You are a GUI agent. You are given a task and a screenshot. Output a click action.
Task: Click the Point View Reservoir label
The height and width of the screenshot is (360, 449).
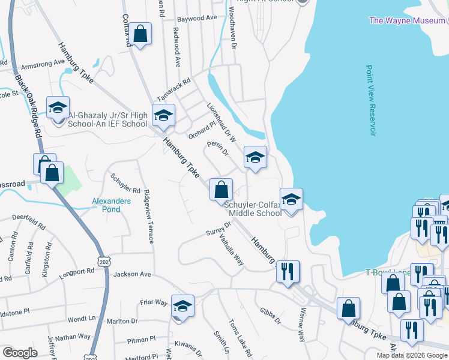tap(370, 101)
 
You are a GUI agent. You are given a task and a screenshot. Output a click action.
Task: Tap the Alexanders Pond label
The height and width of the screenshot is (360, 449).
tap(110, 205)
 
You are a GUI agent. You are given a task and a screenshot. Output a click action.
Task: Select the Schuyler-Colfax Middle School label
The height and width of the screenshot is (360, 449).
tap(253, 208)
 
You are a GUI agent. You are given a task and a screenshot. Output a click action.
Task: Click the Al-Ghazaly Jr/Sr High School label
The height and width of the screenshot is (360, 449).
tap(107, 120)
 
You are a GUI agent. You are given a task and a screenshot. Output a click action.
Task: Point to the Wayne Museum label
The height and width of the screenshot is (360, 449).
tap(408, 20)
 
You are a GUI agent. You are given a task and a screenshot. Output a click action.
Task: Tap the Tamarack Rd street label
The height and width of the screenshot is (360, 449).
tap(173, 89)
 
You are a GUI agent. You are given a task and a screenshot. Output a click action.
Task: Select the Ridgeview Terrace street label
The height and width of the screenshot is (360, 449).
tap(148, 217)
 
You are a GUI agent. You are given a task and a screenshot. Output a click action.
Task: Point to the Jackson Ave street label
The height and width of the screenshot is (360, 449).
tap(132, 274)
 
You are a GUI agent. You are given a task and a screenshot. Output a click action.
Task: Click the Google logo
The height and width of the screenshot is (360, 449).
tap(20, 353)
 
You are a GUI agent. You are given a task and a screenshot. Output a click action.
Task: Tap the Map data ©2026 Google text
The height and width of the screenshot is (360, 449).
tap(412, 355)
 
